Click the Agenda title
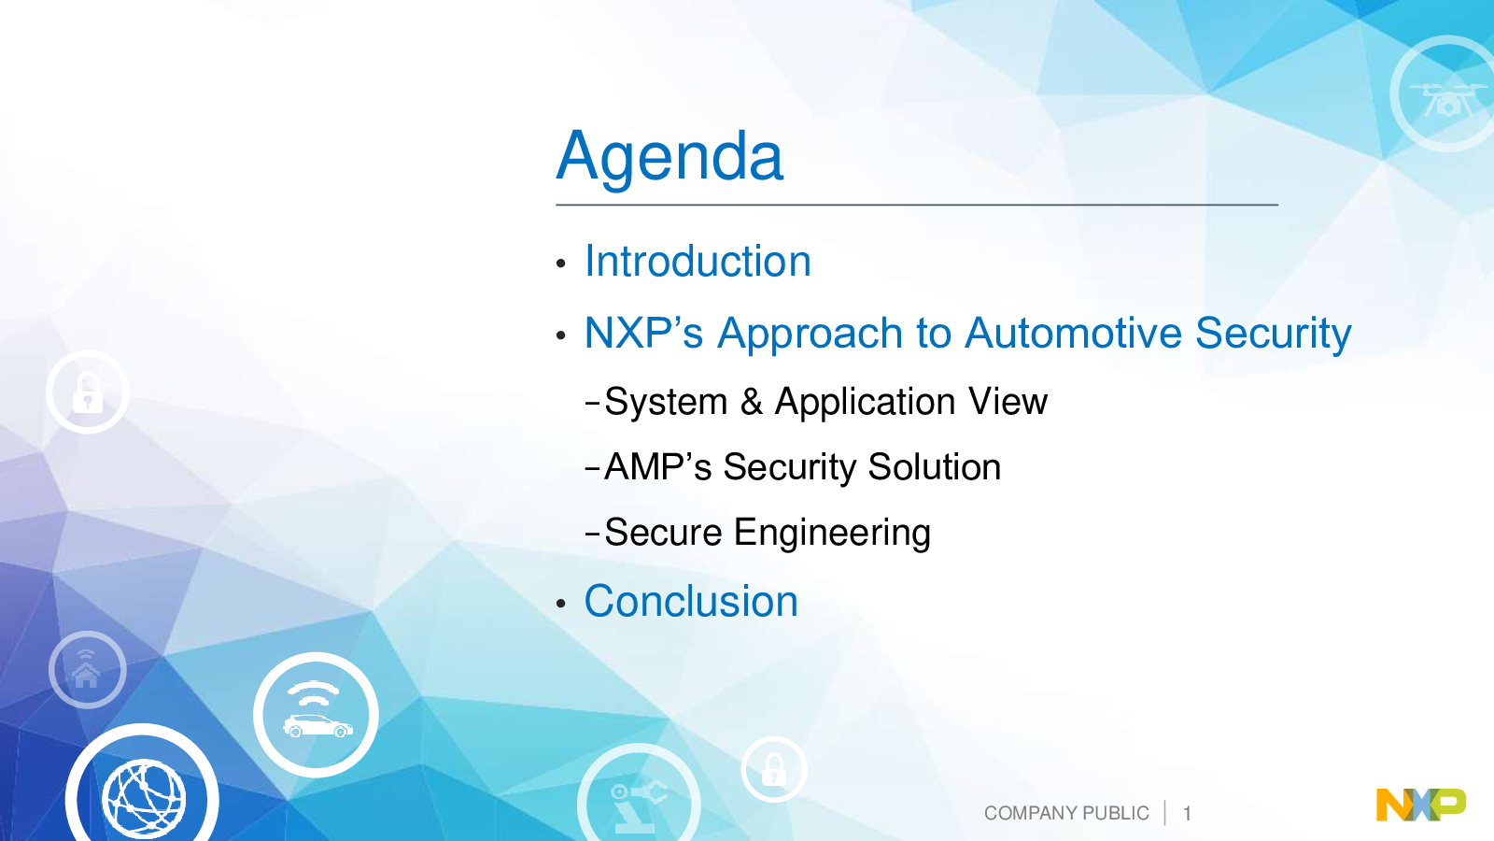pyautogui.click(x=669, y=158)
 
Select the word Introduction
pyautogui.click(x=698, y=261)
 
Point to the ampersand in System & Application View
pyautogui.click(x=752, y=402)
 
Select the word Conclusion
pyautogui.click(x=691, y=602)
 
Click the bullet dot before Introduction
pyautogui.click(x=561, y=264)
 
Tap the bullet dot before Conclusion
pyautogui.click(x=561, y=604)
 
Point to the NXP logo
pyautogui.click(x=1421, y=805)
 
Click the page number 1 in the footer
pyautogui.click(x=1187, y=814)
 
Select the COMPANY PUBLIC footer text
pyautogui.click(x=1066, y=813)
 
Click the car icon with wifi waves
pyautogui.click(x=317, y=715)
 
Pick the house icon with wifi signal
pyautogui.click(x=88, y=669)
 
